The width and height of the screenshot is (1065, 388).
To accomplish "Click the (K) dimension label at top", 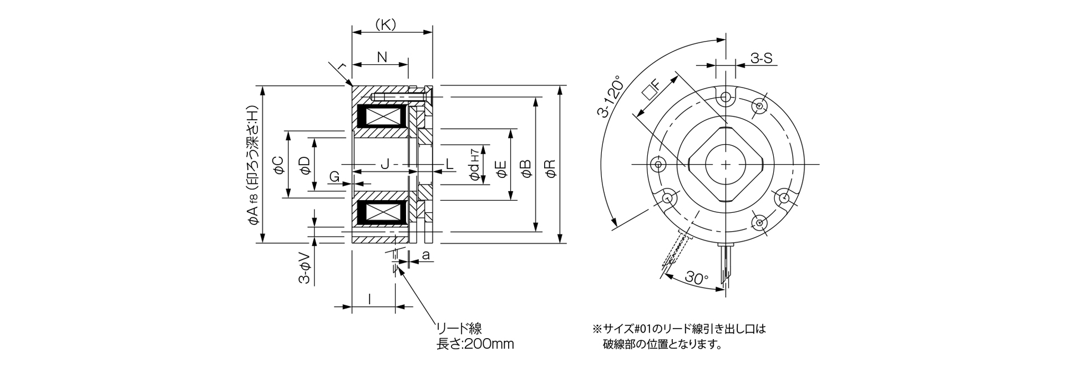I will pos(385,24).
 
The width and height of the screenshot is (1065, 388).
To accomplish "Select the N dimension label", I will pos(382,57).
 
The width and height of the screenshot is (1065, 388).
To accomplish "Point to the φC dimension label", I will pos(278,165).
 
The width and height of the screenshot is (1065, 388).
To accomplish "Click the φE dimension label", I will pos(501,170).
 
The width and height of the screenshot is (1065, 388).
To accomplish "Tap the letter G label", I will pos(334,176).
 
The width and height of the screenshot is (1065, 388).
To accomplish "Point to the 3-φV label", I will pos(304,268).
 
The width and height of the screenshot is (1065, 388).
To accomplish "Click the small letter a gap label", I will pos(425,255).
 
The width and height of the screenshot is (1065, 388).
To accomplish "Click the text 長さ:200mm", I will pos(475,344).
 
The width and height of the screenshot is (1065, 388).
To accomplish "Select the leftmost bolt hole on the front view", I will pos(659,165).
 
